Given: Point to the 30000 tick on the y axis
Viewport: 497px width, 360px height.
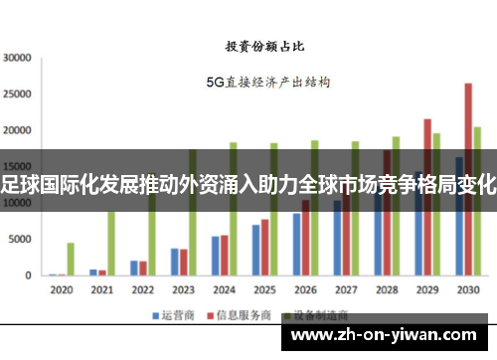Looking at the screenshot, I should click(x=18, y=58).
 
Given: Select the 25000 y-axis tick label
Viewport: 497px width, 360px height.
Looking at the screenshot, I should click(x=18, y=94).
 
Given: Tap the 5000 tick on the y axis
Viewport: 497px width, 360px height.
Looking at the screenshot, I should click(x=21, y=240).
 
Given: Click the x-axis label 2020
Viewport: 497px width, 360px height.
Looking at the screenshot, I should click(x=62, y=290).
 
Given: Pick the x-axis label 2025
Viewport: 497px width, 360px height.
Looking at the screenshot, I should click(x=264, y=290).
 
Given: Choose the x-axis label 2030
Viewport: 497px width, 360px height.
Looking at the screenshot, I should click(x=467, y=290).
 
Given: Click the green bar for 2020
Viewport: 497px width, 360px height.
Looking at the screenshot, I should click(x=71, y=259).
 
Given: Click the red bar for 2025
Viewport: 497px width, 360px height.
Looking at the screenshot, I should click(x=264, y=248).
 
